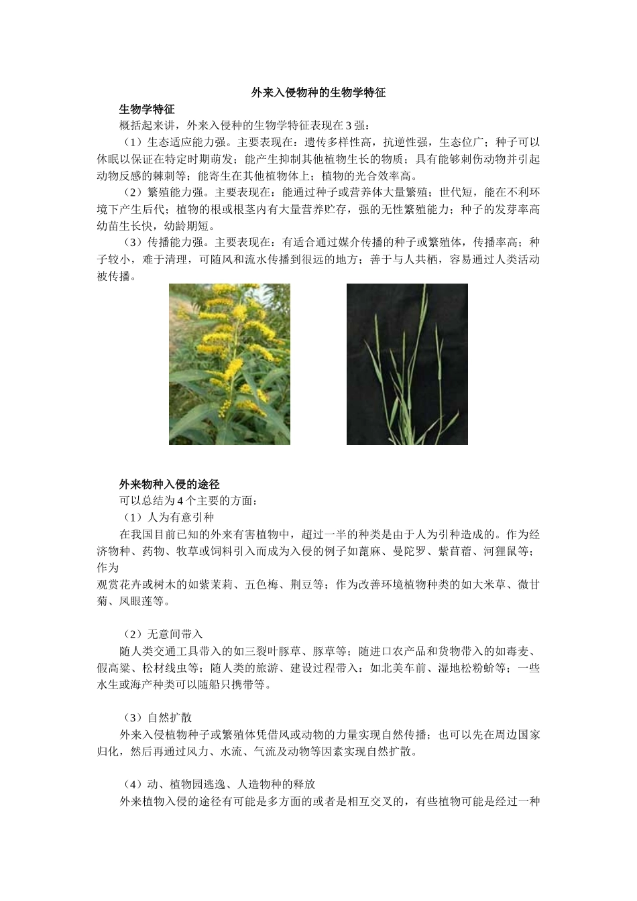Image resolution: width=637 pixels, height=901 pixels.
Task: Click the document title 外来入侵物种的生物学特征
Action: pos(318,93)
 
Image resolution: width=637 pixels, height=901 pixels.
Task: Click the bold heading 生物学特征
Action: pos(147,109)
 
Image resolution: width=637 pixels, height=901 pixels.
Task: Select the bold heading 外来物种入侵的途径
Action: pos(170,484)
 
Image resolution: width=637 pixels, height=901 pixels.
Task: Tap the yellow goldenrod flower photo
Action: pos(229,364)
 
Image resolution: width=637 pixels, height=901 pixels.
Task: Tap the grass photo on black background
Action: pos(407,364)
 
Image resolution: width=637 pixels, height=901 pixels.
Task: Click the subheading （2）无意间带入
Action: pos(162,634)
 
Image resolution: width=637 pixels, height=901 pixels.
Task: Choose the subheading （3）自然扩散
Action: pos(156,717)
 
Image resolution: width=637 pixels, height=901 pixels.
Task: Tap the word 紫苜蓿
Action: pos(456,551)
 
